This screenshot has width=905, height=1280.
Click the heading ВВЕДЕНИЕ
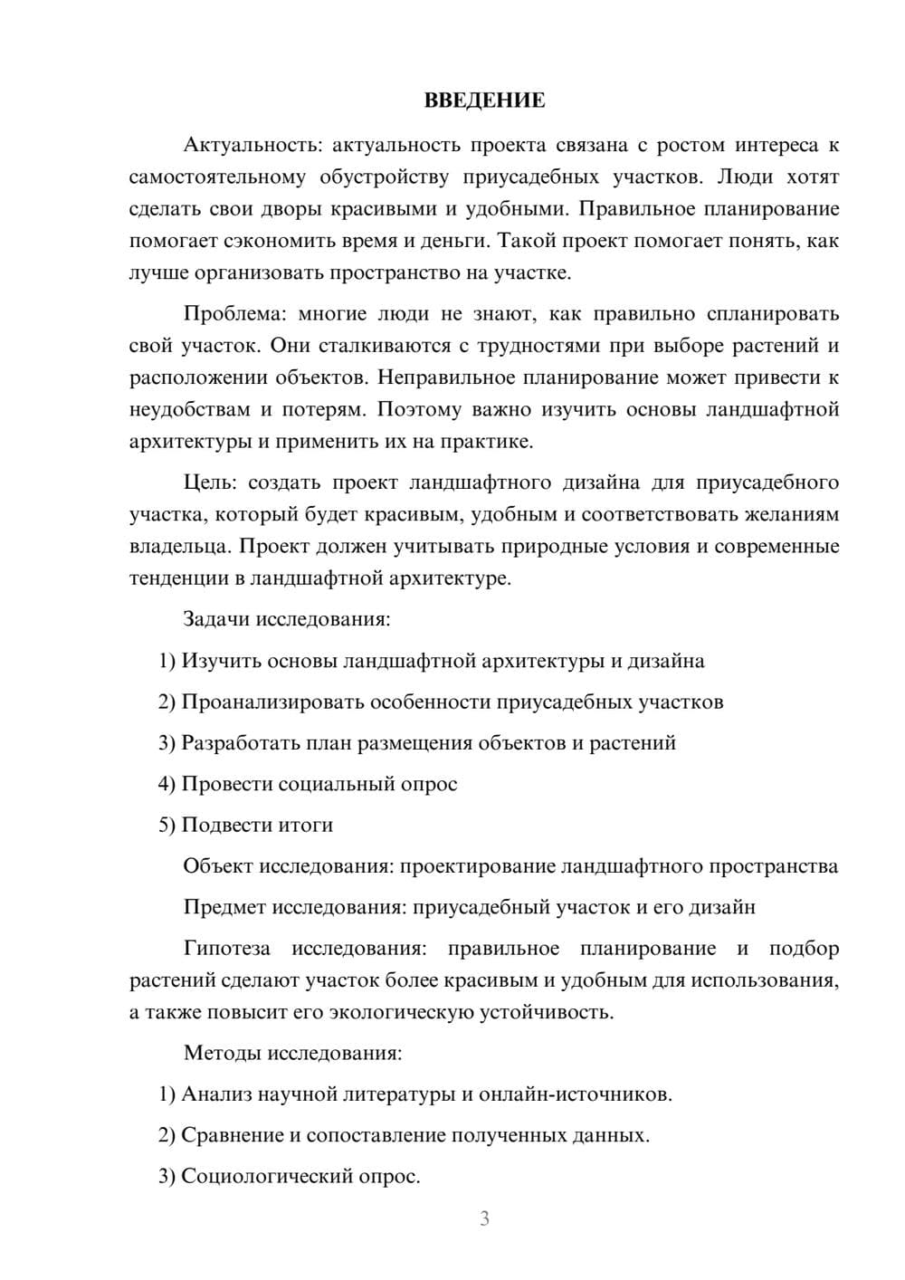coord(484,100)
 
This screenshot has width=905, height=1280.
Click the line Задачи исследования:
coord(287,619)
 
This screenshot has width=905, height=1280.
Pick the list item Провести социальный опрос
coord(308,784)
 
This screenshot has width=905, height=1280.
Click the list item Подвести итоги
coord(245,825)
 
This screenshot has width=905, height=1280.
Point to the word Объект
coord(218,866)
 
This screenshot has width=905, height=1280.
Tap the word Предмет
coord(224,907)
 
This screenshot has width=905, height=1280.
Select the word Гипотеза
coord(226,949)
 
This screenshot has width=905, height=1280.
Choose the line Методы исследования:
coord(292,1053)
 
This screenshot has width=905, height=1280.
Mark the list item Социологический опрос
coord(290,1177)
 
